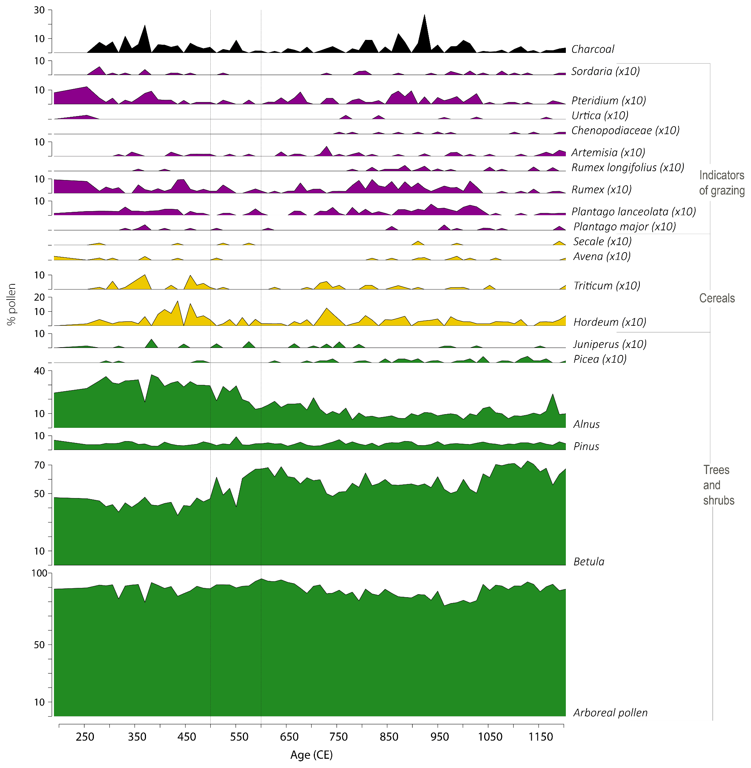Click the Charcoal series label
pos(592,49)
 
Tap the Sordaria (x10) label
pos(605,71)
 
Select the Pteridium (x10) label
pos(608,101)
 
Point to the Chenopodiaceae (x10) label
pos(625,131)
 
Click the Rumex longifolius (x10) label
pos(627,168)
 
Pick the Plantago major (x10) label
pos(624,227)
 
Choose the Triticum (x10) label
pos(606,286)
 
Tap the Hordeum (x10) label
pos(609,322)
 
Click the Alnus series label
pos(586,424)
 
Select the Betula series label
pos(588,562)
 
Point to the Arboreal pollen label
pos(610,713)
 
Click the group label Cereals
pos(717,298)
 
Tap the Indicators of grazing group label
pos(721,183)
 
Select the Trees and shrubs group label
pos(718,486)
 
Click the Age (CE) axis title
pos(311,755)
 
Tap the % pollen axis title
pos(11,304)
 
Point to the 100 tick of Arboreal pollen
pos(39,573)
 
